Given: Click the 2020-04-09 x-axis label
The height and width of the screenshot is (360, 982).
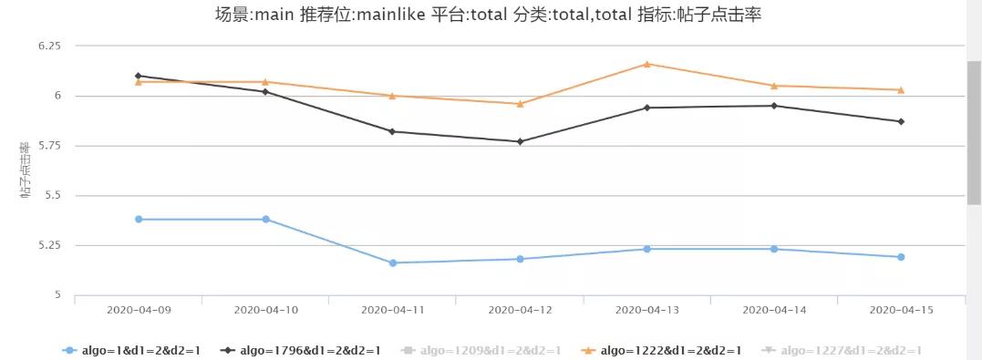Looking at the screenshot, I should [x=138, y=310].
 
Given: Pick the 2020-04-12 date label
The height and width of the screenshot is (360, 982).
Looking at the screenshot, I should [x=520, y=310].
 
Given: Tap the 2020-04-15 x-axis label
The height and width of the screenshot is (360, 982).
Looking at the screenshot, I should [x=901, y=310].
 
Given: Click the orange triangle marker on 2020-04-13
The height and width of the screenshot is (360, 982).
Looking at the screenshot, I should [x=646, y=64].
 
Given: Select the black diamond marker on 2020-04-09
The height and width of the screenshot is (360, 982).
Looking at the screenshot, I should [x=138, y=76].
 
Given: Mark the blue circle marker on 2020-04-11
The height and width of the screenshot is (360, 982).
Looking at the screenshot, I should [x=393, y=262].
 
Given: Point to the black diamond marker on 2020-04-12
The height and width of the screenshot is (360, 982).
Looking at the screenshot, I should [x=520, y=141].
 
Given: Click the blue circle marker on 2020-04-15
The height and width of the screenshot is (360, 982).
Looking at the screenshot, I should [x=901, y=257].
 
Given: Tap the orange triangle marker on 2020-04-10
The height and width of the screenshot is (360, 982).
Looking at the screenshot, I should [x=265, y=82].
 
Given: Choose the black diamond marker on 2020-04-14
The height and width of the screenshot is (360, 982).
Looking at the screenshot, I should [x=774, y=106].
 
